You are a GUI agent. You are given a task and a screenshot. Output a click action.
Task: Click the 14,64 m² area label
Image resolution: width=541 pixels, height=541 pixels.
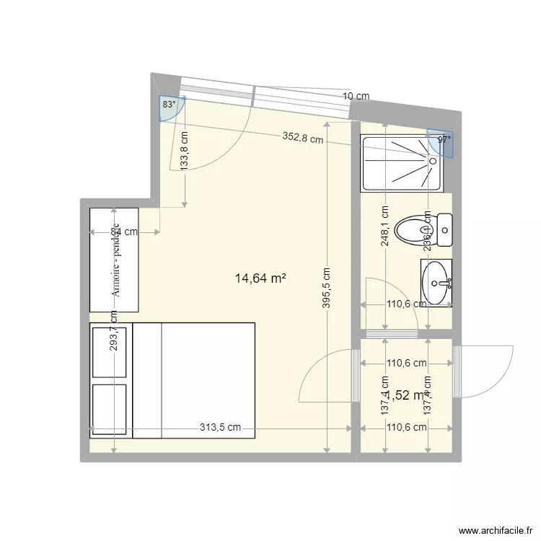260,277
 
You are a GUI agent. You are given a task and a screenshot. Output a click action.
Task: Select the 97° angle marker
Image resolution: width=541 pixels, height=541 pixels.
443,140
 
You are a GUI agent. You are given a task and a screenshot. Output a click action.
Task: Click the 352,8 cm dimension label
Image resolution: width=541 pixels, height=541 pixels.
302,138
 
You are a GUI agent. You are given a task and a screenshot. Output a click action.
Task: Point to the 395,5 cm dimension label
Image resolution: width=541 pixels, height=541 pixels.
327,289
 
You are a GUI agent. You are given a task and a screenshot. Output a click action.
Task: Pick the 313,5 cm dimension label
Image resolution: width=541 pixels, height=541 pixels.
220,427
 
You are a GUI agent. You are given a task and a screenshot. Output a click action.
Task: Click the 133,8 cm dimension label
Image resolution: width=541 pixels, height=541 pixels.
185,150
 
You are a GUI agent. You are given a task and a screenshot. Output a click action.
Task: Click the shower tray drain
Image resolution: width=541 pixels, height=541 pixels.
434,162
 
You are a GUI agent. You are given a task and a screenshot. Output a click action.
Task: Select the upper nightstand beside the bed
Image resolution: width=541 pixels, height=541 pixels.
110,352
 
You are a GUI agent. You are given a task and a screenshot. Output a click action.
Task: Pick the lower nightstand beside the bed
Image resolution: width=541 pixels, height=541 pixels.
110,408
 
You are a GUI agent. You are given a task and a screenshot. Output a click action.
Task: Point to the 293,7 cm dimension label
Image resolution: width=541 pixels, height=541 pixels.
114,330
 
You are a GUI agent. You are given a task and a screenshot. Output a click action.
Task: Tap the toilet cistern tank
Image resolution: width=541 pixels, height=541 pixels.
445,230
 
